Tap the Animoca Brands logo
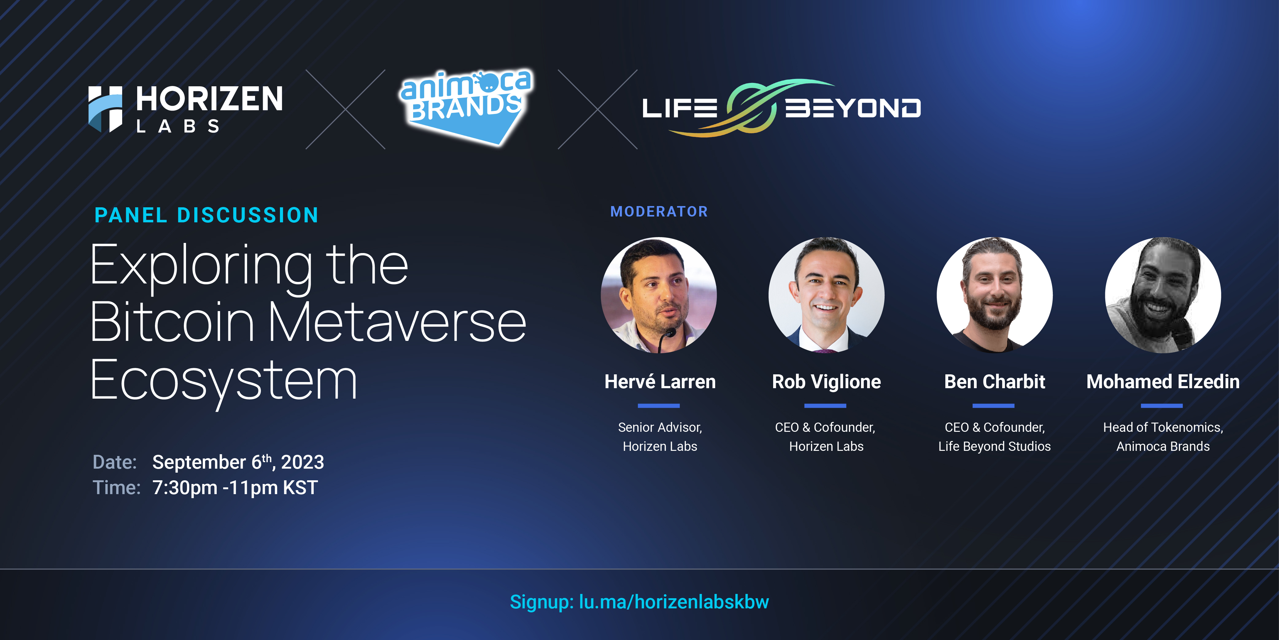465,107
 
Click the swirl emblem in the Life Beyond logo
751,107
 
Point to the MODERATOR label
659,212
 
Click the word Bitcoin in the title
172,322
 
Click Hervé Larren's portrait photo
659,295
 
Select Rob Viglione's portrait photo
827,295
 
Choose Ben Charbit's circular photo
994,295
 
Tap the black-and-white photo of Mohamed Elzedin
1163,295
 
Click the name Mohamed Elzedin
1163,382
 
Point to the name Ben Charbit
994,382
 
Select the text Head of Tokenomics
1162,427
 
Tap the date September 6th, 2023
238,462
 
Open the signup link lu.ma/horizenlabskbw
674,602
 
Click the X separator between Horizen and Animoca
346,109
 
